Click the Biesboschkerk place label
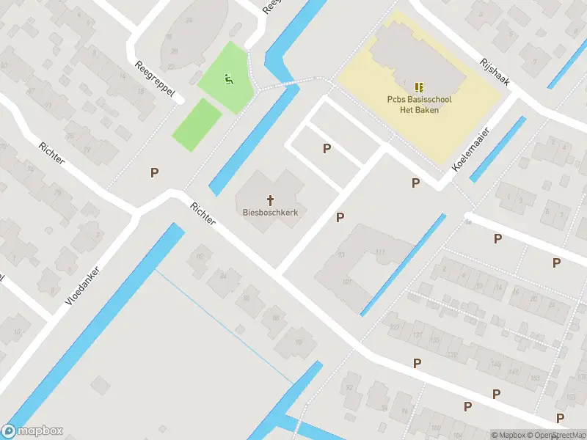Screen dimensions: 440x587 click(270, 213)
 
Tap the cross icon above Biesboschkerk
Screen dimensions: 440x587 click(270, 199)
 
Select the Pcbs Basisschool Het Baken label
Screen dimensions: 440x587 click(419, 105)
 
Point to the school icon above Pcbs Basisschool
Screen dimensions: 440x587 click(419, 87)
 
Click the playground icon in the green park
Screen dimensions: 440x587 click(228, 78)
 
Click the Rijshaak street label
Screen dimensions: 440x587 click(495, 72)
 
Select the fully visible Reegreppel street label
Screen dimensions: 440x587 click(155, 80)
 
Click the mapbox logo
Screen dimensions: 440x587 click(33, 431)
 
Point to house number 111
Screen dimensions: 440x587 click(379, 252)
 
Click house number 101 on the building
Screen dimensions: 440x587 click(346, 281)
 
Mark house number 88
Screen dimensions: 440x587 click(276, 317)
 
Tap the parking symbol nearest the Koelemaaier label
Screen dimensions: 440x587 click(416, 183)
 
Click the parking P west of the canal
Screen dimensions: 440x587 click(154, 173)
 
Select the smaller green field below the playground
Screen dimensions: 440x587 click(197, 124)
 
